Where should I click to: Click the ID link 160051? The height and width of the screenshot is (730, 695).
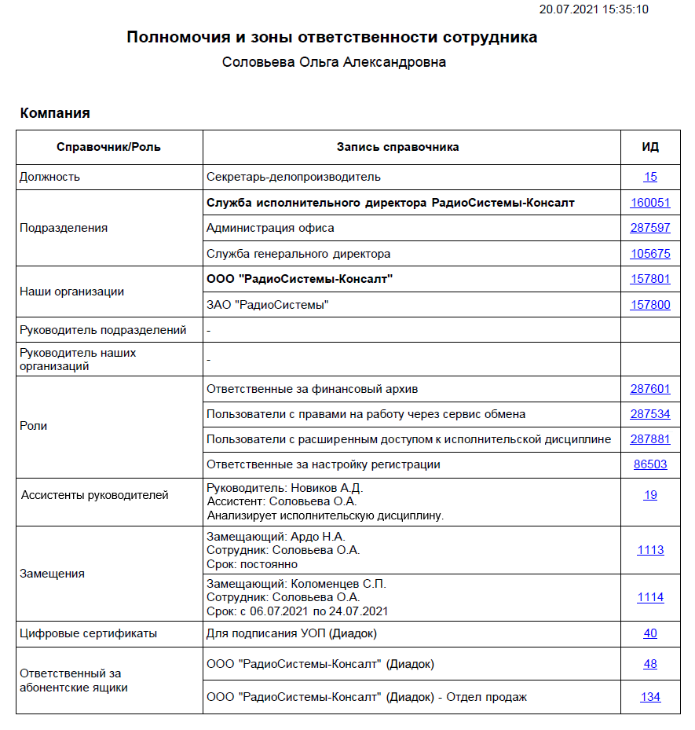[649, 203]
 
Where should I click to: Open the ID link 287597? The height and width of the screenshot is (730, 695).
[649, 228]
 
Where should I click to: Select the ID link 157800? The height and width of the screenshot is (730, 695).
[649, 304]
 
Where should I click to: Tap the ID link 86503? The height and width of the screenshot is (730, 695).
[650, 464]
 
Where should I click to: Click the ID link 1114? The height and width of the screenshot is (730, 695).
[650, 597]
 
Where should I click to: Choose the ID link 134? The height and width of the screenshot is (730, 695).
[650, 697]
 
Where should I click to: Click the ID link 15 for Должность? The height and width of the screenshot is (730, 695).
[650, 177]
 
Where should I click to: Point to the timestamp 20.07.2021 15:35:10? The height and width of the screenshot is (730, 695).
[593, 9]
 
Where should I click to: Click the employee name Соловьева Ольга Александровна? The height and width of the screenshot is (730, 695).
[334, 62]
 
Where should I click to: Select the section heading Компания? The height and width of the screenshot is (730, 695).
[55, 113]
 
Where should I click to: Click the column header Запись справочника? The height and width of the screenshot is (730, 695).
[397, 147]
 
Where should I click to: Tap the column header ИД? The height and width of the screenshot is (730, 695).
[650, 147]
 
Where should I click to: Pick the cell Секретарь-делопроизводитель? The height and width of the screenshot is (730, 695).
[293, 177]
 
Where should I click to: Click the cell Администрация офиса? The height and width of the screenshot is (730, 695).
[270, 228]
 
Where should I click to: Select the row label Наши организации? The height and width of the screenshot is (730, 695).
[71, 292]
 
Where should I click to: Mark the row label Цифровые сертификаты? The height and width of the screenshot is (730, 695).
[88, 633]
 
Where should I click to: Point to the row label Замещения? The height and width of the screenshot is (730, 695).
[52, 574]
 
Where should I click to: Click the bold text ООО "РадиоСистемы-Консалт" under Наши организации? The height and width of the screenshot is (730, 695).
[299, 279]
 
